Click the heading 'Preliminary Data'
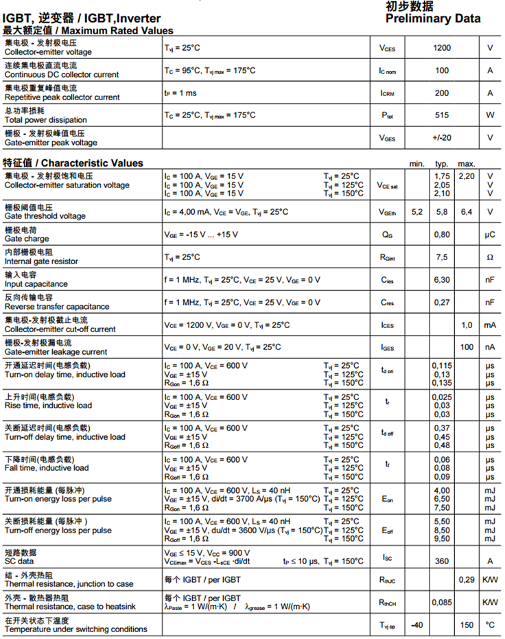tap(432, 19)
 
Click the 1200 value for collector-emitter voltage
tap(442, 48)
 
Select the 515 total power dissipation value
tap(442, 115)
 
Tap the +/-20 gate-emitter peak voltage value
tap(442, 137)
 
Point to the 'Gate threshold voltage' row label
tap(45, 216)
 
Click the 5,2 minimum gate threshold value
tap(416, 211)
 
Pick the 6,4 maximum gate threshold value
tap(467, 211)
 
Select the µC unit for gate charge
tap(490, 235)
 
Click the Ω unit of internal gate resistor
tap(490, 257)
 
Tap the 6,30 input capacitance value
tap(442, 280)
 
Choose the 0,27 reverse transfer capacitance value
tap(442, 303)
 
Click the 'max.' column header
tap(467, 164)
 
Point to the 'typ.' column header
tap(442, 164)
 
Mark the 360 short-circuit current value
tap(442, 561)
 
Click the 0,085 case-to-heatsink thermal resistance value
tap(442, 603)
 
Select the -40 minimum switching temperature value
tap(416, 625)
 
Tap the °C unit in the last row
tap(490, 625)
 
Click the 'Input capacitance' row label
tap(36, 283)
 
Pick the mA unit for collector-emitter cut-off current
tap(490, 325)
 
